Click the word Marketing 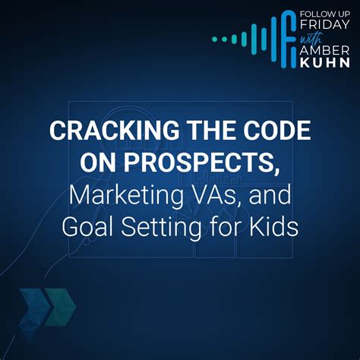(126, 195)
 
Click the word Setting (161, 227)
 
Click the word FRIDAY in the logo (324, 24)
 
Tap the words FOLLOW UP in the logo (325, 14)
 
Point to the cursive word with (311, 39)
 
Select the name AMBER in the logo (324, 51)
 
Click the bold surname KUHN (325, 62)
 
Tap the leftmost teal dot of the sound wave (215, 39)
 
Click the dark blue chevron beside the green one (33, 307)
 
